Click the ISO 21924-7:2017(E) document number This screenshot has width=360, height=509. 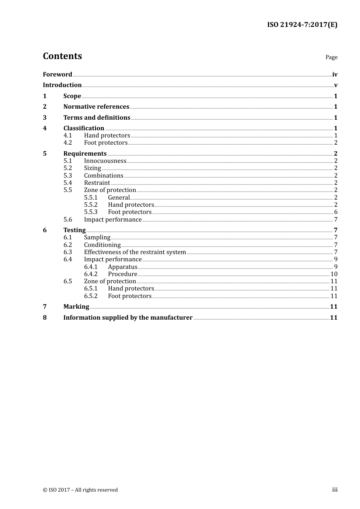[x=302, y=25]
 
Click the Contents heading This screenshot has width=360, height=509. [x=63, y=56]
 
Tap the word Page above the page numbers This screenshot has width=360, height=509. [x=331, y=57]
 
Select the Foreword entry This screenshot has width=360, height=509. [x=57, y=74]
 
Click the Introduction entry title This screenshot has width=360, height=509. [x=62, y=85]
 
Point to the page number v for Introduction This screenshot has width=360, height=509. [x=336, y=85]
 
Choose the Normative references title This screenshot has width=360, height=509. [x=96, y=106]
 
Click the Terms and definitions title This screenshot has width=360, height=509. [x=97, y=117]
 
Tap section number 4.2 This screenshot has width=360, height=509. [x=67, y=143]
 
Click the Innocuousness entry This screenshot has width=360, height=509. [x=105, y=161]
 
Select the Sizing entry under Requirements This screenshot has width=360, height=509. [x=92, y=168]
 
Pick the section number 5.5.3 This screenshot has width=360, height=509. [x=91, y=212]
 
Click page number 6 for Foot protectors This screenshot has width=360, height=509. [x=336, y=212]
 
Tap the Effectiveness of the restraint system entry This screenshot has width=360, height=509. [x=135, y=252]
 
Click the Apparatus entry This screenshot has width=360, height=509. [x=122, y=267]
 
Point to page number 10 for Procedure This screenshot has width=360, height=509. [x=334, y=274]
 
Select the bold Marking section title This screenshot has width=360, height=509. [x=76, y=306]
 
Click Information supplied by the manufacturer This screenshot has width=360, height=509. [x=128, y=317]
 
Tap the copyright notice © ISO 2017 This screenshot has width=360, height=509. [x=80, y=490]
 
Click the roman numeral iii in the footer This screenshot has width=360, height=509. [x=335, y=490]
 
